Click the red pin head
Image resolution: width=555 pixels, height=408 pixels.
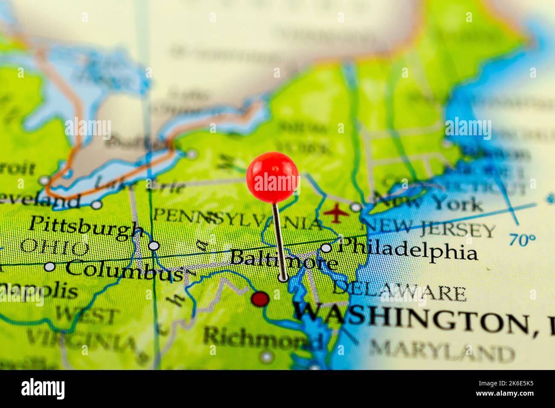coord(272,177)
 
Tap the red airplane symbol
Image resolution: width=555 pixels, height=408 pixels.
coord(336,213)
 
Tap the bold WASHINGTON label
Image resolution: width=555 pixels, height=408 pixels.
coord(412,318)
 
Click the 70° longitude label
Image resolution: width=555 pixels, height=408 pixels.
coord(522,240)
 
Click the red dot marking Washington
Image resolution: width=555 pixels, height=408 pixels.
coord(260,299)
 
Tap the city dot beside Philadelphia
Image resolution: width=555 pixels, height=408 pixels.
coord(326,248)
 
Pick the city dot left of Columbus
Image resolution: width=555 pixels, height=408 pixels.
coord(50,267)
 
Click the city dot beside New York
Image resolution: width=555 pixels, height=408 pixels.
coord(355,207)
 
